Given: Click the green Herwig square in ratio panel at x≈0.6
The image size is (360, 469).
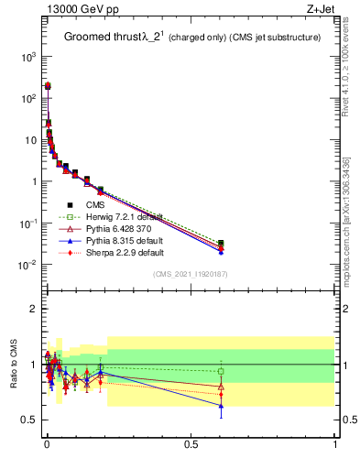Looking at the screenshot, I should click(x=221, y=371).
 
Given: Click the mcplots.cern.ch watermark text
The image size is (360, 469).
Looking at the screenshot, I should click(x=346, y=220).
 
